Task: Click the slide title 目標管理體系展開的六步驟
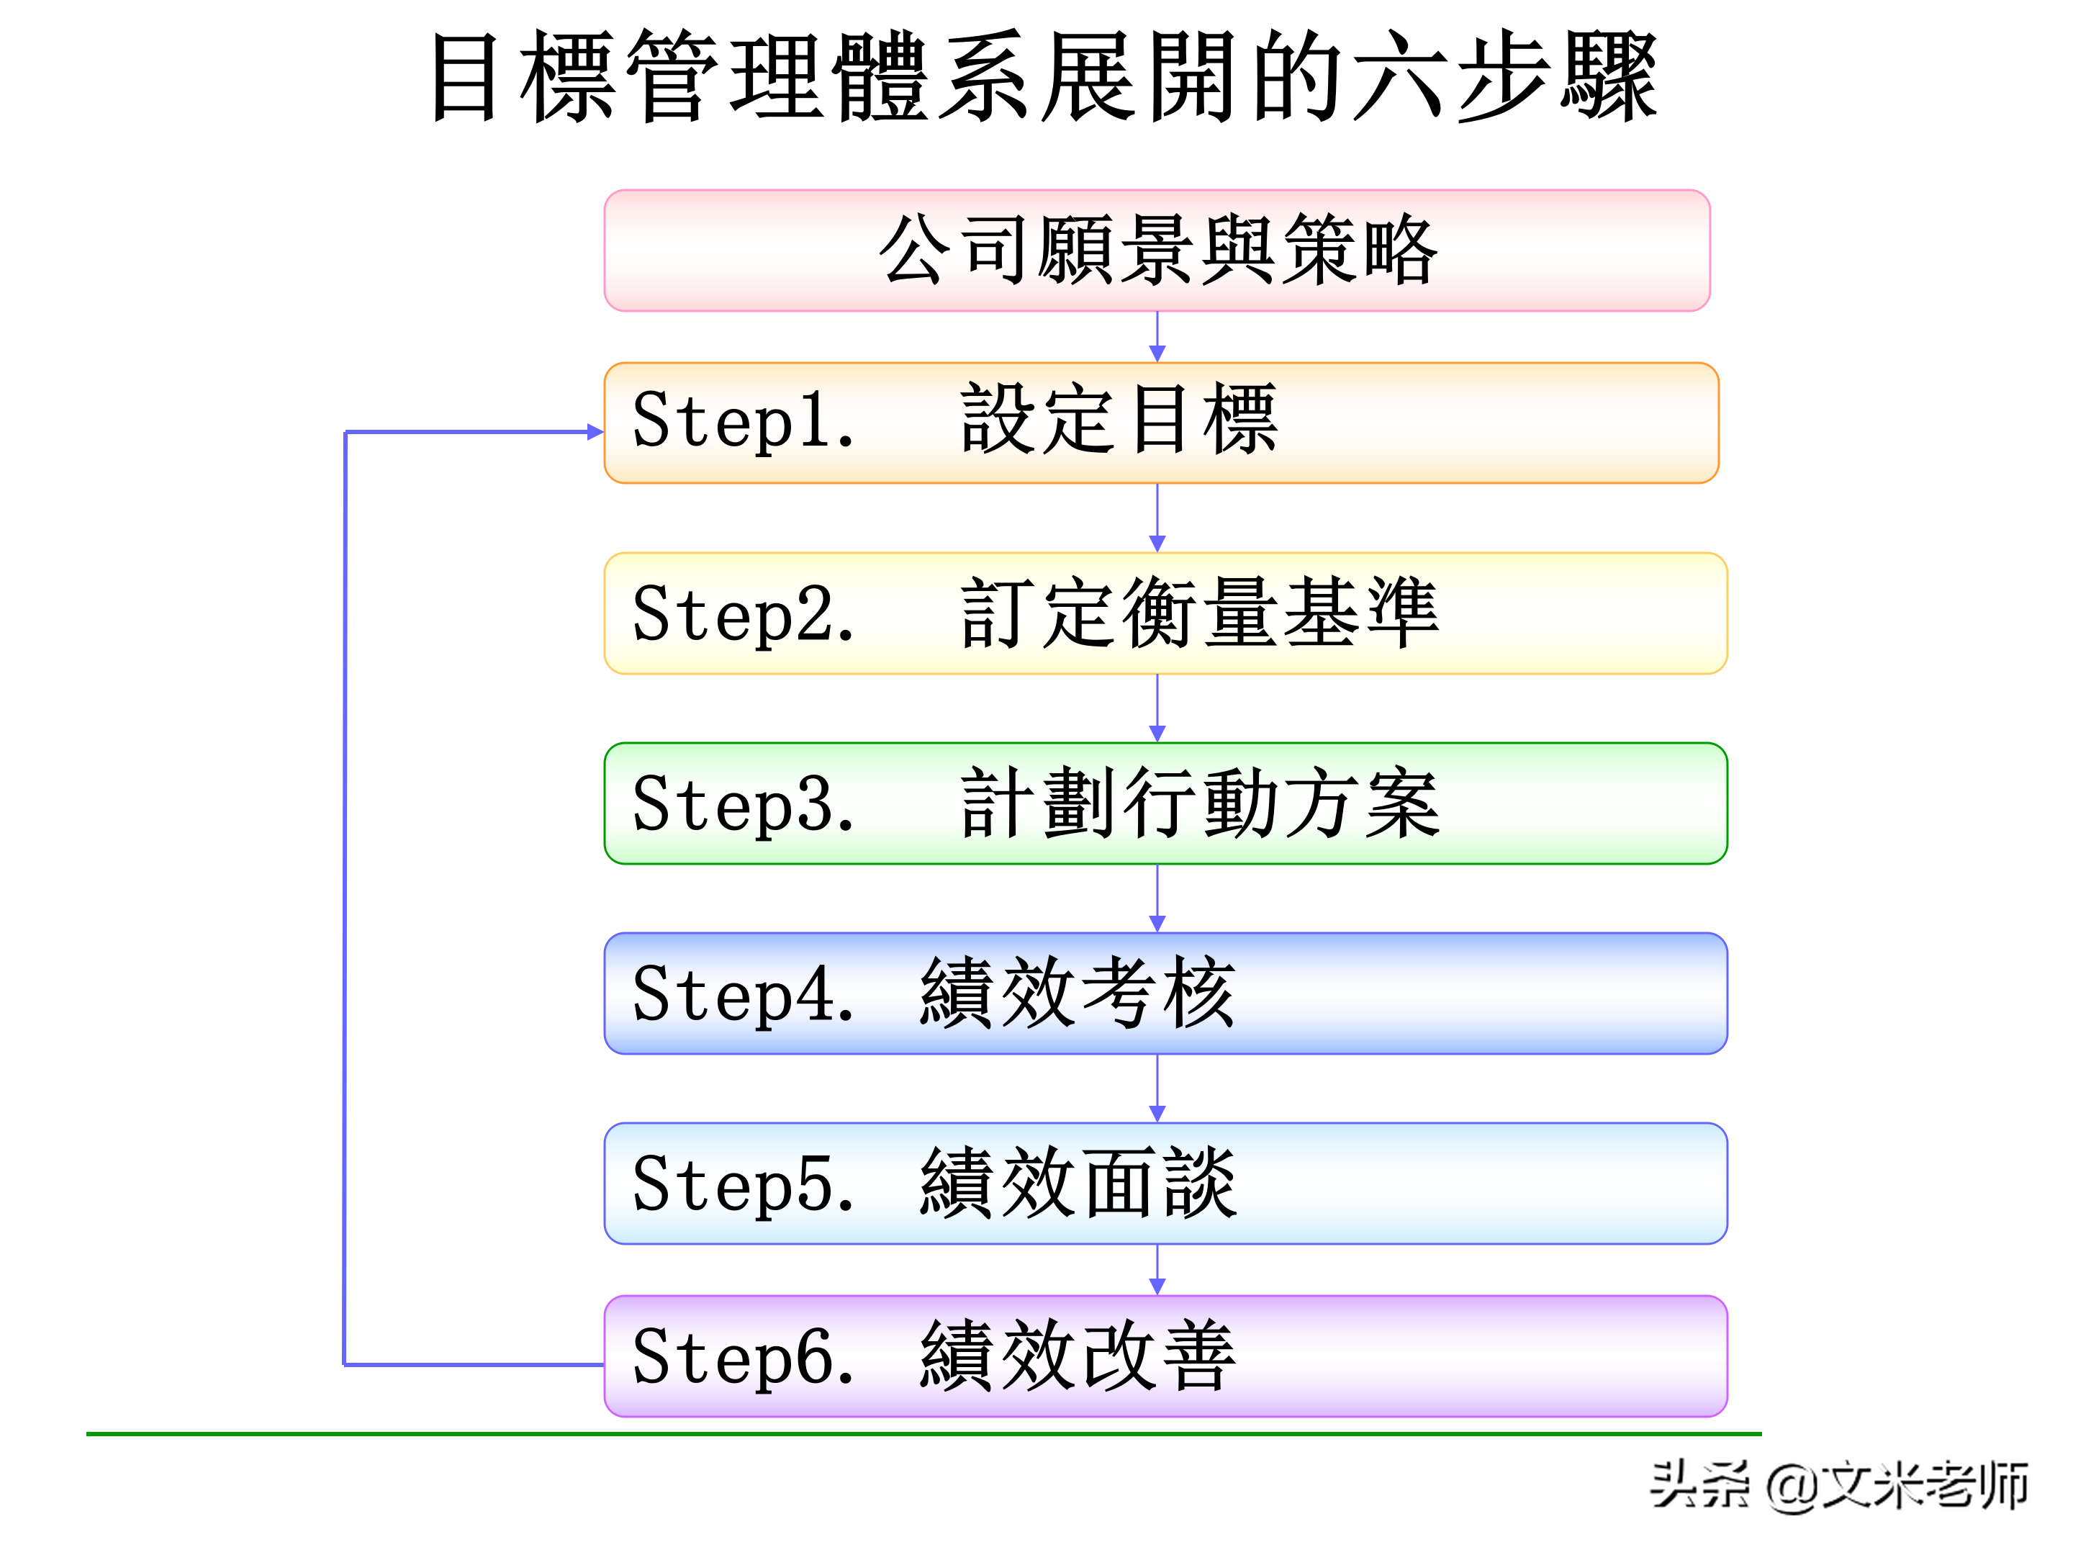point(1043,77)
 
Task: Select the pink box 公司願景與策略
point(1157,251)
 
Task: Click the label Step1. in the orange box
point(743,421)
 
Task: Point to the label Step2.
point(743,614)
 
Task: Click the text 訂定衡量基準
point(1200,613)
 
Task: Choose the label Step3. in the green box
point(743,804)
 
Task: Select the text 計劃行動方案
point(1200,803)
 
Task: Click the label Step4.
point(743,994)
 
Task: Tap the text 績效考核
point(1078,993)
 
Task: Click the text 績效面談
point(1078,1184)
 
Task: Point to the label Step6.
point(743,1357)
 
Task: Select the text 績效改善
point(1078,1356)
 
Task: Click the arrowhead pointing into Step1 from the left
point(594,432)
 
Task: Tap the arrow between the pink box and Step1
point(1157,338)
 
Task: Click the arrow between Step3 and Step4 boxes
point(1157,899)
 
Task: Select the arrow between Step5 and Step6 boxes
point(1157,1271)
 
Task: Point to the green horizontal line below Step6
point(923,1434)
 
